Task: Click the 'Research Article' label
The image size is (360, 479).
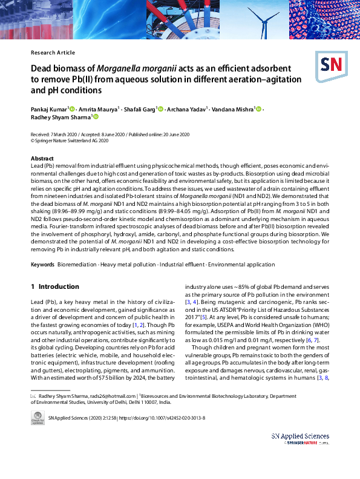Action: coord(53,53)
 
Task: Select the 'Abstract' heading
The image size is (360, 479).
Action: coord(42,158)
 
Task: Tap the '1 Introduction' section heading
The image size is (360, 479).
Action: coord(54,286)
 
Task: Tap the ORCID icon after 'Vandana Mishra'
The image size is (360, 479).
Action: coord(258,109)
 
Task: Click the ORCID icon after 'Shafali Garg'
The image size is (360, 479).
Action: coord(160,109)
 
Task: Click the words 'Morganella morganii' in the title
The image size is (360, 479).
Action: coord(140,68)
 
